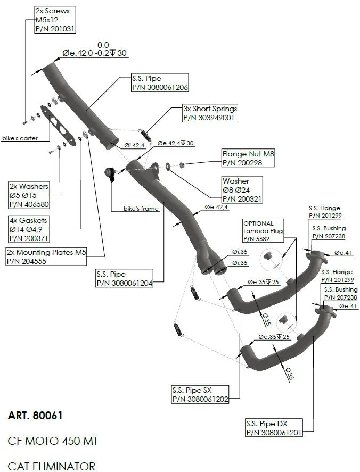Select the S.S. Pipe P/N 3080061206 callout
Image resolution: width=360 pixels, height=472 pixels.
159,82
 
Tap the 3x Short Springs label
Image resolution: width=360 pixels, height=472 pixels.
210,113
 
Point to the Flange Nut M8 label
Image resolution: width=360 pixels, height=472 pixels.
247,159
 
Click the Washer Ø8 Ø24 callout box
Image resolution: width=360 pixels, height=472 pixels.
242,190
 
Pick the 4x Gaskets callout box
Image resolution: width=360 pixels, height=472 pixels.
30,229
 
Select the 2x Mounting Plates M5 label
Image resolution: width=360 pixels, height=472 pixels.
46,257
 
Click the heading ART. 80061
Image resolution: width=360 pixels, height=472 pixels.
35,416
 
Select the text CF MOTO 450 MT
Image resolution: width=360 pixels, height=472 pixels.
53,441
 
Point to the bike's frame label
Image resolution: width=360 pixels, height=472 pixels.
141,209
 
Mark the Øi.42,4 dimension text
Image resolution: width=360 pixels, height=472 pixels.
135,145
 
